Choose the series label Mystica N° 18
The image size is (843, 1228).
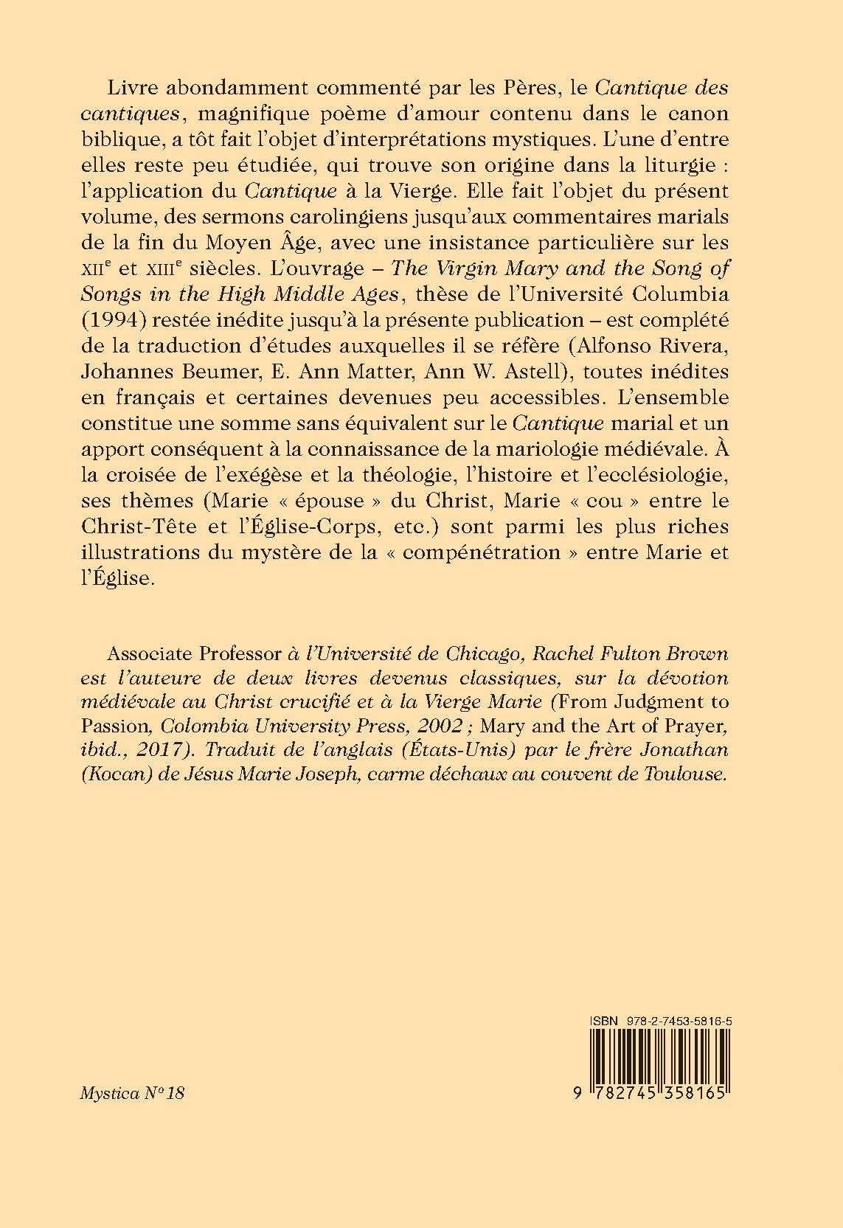[131, 1092]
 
